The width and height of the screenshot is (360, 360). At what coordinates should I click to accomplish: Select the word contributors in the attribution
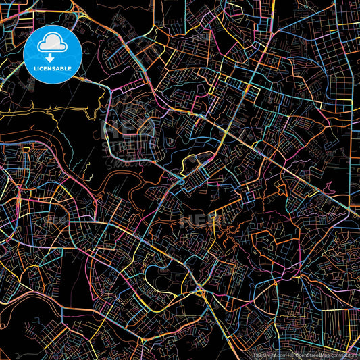pyautogui.click(x=344, y=355)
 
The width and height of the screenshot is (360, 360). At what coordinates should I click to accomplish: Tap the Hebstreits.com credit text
pyautogui.click(x=267, y=355)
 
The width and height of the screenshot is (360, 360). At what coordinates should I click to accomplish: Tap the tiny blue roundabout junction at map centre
pyautogui.click(x=181, y=180)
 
